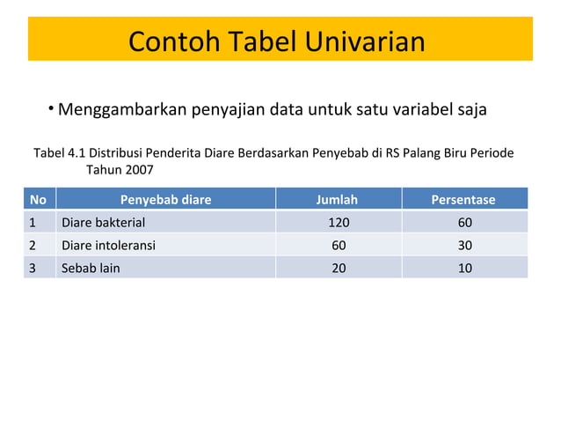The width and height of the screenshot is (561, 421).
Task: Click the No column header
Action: [38, 199]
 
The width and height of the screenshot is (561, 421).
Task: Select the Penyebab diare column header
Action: [165, 199]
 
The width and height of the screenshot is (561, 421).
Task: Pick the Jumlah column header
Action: [337, 199]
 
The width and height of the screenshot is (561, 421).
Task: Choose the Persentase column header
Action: [463, 199]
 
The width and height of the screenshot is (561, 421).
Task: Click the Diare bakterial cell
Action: [102, 222]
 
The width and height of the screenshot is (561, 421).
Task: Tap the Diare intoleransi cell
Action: [107, 245]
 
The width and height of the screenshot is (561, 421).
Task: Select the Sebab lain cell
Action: [90, 268]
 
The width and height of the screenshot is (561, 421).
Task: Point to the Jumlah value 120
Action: [339, 222]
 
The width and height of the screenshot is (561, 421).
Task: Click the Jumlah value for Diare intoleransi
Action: [339, 245]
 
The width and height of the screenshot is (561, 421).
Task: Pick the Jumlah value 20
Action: [339, 268]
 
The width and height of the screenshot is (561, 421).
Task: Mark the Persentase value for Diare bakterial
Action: [464, 222]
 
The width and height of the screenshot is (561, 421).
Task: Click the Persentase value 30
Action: [464, 245]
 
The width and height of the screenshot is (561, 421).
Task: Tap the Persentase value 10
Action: [464, 268]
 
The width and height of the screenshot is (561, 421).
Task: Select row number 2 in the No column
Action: [33, 245]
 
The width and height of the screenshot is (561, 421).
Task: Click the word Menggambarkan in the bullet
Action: [123, 111]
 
